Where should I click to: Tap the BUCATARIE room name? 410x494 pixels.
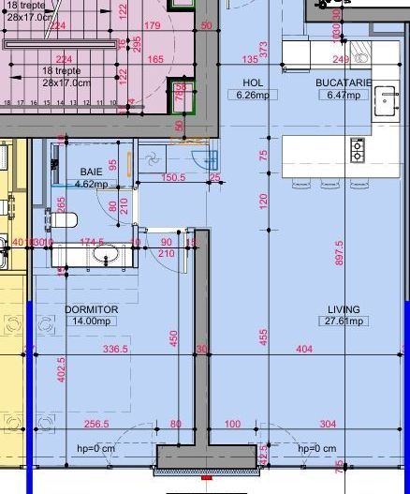344,82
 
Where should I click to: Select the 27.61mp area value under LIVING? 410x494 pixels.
344,321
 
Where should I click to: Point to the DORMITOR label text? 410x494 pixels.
91,308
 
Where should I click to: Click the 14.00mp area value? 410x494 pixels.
91,321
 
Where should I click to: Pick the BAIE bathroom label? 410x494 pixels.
91,172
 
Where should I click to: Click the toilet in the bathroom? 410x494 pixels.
61,221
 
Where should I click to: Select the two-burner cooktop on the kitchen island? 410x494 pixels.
357,149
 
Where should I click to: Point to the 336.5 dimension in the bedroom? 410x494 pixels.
114,350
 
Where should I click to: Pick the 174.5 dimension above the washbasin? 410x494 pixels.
92,242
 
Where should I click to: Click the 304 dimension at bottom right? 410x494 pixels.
328,424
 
